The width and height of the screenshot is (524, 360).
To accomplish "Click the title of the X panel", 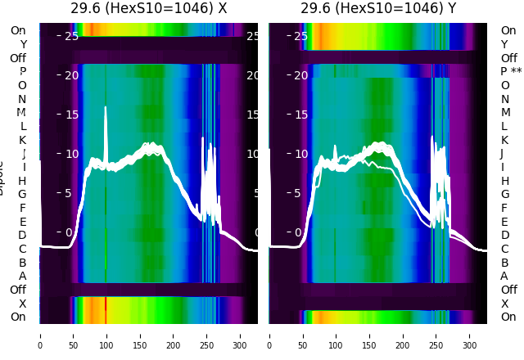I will (148, 8).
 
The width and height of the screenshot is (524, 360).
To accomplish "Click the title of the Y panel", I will (377, 8).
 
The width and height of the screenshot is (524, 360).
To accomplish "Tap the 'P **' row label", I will (511, 72).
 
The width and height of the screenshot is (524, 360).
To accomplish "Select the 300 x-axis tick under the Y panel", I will (470, 335).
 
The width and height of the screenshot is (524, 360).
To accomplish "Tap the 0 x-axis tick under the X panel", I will (39, 335).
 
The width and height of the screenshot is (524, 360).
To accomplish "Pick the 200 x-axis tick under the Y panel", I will (403, 335).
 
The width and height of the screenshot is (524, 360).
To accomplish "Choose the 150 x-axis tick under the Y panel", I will (369, 335).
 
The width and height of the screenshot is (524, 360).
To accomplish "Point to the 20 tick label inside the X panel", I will (70, 75).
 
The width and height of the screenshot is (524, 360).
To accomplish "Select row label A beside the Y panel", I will (504, 276).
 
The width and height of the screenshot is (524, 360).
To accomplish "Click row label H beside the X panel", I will (22, 181).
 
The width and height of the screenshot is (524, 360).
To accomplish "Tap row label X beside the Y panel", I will (504, 304).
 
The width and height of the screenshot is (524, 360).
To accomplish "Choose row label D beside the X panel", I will (22, 236).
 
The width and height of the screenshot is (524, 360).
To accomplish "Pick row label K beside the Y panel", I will (504, 140).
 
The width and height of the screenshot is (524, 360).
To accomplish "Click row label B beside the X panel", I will (22, 263).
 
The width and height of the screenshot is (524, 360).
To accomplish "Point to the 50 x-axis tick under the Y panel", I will (303, 335).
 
